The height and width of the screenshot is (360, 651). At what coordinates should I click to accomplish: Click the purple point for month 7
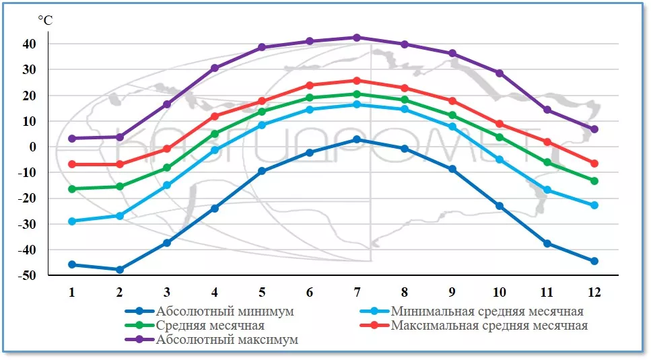[357, 38]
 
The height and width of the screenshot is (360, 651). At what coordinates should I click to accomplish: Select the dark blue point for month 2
[120, 270]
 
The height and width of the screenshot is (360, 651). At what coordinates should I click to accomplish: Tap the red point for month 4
[215, 116]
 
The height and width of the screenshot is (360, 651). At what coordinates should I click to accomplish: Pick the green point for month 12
[594, 181]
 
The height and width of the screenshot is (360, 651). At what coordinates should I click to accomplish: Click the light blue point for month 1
[72, 221]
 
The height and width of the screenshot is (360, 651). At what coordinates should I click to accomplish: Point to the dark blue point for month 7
[357, 139]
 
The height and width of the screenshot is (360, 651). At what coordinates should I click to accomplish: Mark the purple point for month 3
[167, 104]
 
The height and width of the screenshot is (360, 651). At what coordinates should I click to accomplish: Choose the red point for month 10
[500, 124]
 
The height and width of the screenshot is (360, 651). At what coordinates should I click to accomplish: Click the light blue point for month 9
[452, 127]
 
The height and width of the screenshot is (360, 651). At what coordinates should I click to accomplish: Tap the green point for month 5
[262, 112]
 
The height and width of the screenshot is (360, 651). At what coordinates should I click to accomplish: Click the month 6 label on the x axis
[309, 292]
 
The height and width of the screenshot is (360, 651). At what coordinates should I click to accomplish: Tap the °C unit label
[44, 20]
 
